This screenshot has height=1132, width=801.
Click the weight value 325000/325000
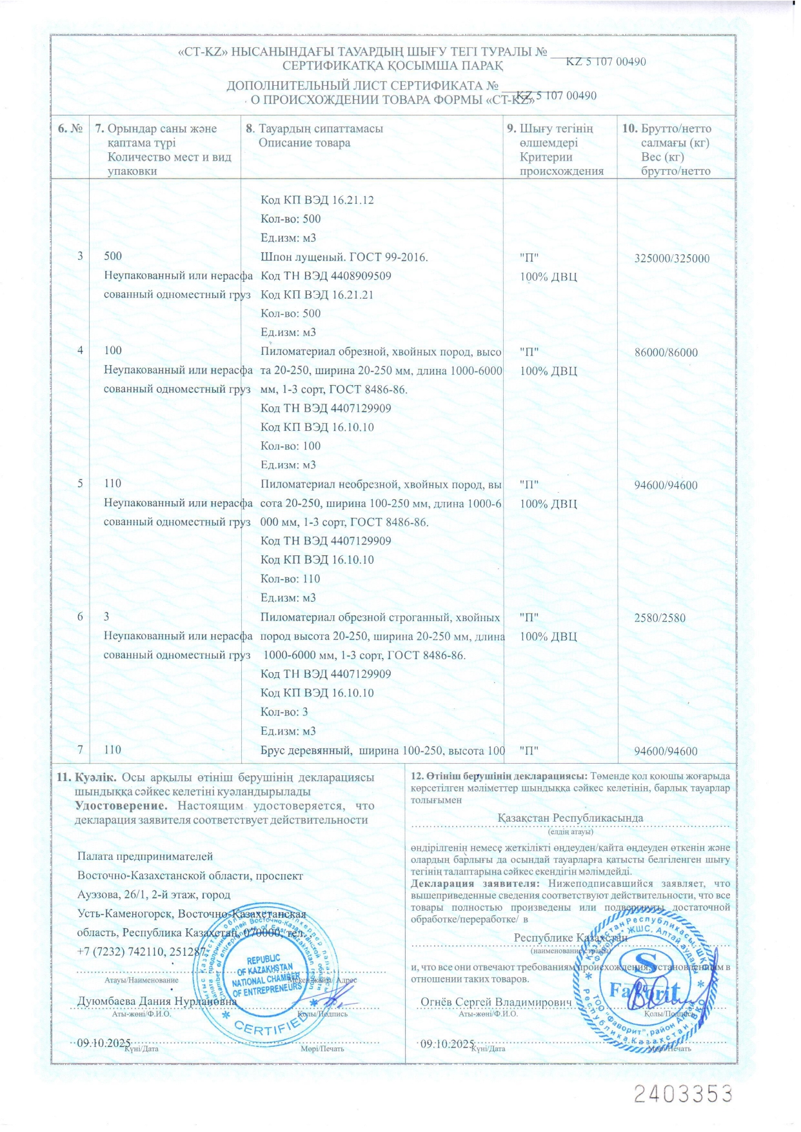pyautogui.click(x=671, y=259)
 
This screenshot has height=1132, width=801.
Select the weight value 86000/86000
pyautogui.click(x=666, y=353)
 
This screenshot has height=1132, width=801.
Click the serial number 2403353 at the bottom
pyautogui.click(x=683, y=1094)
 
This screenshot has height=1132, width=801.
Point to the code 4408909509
pyautogui.click(x=361, y=276)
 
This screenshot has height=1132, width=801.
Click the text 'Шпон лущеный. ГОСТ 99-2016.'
pyautogui.click(x=344, y=257)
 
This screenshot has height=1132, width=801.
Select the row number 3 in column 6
pyautogui.click(x=80, y=256)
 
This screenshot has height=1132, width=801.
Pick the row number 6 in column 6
pyautogui.click(x=80, y=617)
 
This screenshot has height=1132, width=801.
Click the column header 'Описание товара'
pyautogui.click(x=304, y=143)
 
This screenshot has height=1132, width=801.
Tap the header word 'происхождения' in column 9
pyautogui.click(x=562, y=171)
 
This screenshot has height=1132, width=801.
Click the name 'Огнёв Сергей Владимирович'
pyautogui.click(x=496, y=1002)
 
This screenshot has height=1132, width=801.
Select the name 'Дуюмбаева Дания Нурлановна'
pyautogui.click(x=157, y=1002)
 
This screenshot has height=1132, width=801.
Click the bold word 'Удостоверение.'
pyautogui.click(x=121, y=806)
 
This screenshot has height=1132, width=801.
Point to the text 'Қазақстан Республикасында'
pyautogui.click(x=570, y=818)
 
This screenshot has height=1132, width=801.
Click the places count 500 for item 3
pyautogui.click(x=113, y=256)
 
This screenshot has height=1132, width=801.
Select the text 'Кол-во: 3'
pyautogui.click(x=284, y=712)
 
